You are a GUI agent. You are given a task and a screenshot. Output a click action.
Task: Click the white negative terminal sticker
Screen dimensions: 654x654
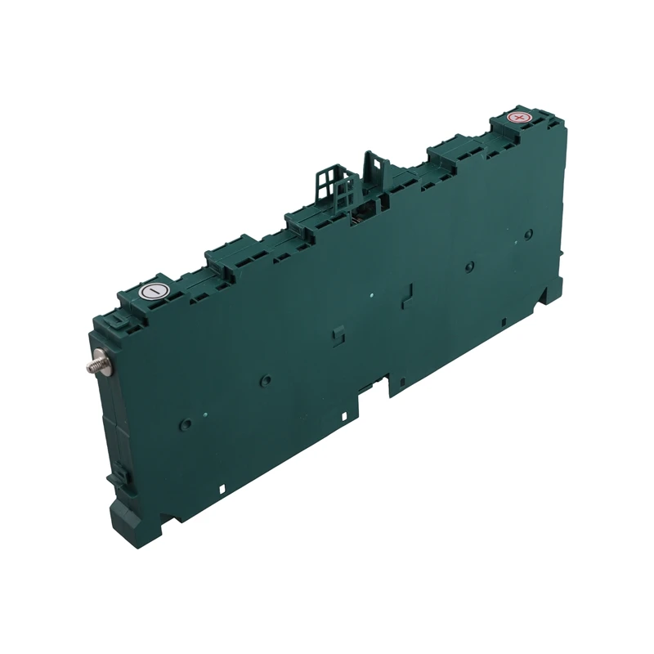[x=153, y=291]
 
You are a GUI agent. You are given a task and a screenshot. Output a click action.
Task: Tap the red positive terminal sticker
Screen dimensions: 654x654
[x=517, y=118]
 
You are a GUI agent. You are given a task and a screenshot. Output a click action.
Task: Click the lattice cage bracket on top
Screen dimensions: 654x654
[x=337, y=185]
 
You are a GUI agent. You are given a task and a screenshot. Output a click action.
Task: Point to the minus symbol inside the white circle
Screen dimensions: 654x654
[x=153, y=291]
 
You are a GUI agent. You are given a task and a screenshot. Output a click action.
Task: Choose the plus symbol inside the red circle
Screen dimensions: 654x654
[x=517, y=118]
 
